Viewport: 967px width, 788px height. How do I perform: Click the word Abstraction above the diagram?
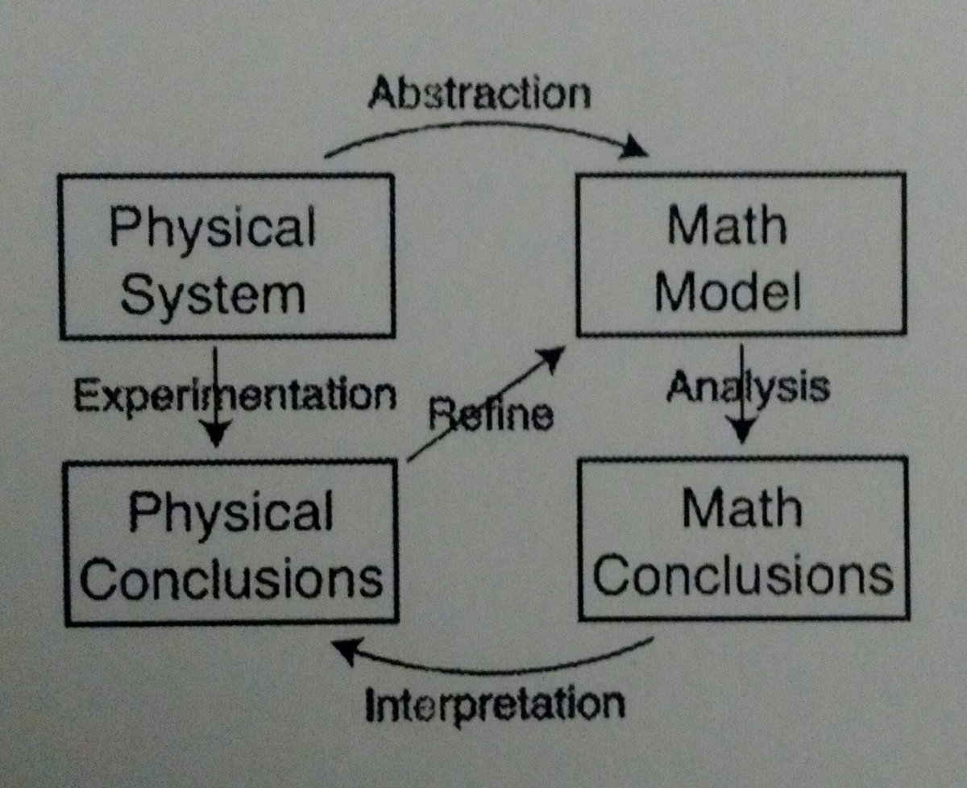tap(479, 94)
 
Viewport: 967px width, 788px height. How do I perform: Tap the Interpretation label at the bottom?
tap(495, 704)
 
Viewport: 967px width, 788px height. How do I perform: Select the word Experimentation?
tap(234, 396)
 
